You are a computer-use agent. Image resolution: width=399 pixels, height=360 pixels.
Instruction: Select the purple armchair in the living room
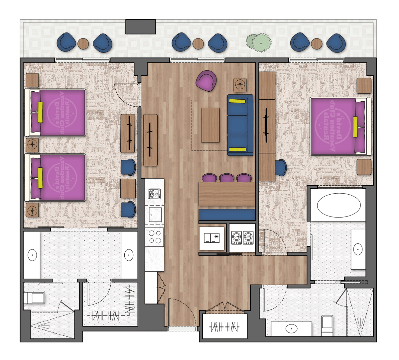pyautogui.click(x=206, y=81)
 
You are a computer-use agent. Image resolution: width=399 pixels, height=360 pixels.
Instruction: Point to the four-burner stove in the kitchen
pyautogui.click(x=155, y=237)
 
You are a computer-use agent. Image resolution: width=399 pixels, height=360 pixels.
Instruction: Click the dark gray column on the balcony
pyautogui.click(x=140, y=27)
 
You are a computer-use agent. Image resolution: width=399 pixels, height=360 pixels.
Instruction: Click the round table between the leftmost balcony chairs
pyautogui.click(x=83, y=44)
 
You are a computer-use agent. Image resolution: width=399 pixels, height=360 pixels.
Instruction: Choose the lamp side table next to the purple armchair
pyautogui.click(x=240, y=85)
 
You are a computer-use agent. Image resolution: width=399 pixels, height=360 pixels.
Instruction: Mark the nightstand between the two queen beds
pyautogui.click(x=32, y=145)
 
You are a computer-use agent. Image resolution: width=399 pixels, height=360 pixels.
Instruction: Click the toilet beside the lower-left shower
pyautogui.click(x=34, y=298)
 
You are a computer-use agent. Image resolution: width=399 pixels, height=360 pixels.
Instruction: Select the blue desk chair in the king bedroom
pyautogui.click(x=281, y=167)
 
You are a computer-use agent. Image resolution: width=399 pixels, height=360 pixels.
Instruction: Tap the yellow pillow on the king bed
pyautogui.click(x=355, y=127)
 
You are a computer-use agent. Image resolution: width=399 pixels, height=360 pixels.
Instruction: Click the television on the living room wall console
pyautogui.click(x=150, y=139)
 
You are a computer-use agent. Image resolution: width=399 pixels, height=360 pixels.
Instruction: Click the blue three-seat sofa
pyautogui.click(x=240, y=125)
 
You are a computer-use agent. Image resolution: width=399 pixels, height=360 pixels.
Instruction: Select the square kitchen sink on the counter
pyautogui.click(x=155, y=214)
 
